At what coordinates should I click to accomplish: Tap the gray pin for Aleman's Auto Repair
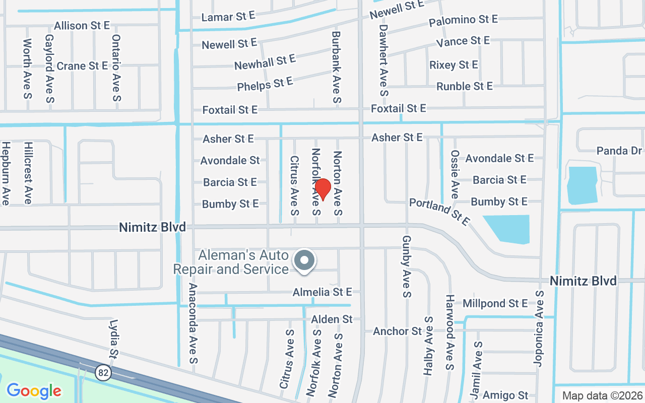pos(304,260)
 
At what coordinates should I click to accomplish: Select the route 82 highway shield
pos(103,372)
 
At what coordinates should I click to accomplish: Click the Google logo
pos(34,390)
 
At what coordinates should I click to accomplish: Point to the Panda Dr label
pos(619,151)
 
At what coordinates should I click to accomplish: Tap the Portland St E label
pos(439,212)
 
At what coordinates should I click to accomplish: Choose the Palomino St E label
pos(463,20)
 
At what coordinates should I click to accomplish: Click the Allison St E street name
pos(82,25)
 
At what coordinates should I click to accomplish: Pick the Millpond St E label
pos(495,303)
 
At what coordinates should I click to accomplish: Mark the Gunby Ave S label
pos(407,265)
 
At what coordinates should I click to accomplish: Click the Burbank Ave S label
pos(336,68)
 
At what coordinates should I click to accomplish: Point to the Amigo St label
pos(505,395)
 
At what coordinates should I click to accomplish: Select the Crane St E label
pos(82,66)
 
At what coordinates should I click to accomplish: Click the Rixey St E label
pos(454,65)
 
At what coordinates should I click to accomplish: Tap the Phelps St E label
pos(265,84)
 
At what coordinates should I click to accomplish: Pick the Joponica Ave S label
pos(539,328)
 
